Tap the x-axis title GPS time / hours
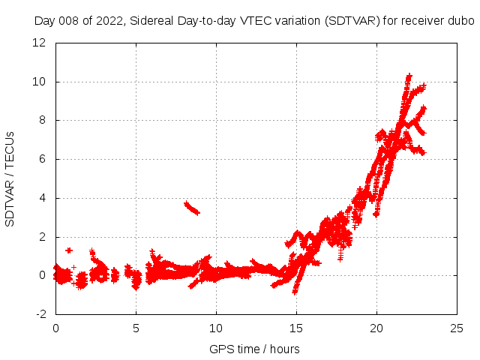pyautogui.click(x=254, y=349)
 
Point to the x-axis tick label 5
pyautogui.click(x=136, y=328)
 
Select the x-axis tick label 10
pyautogui.click(x=216, y=328)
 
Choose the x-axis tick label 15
pyautogui.click(x=296, y=328)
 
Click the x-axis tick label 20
pyautogui.click(x=376, y=328)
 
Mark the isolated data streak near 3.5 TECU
pyautogui.click(x=191, y=208)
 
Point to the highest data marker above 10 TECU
pyautogui.click(x=409, y=76)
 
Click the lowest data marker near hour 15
pyautogui.click(x=295, y=291)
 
